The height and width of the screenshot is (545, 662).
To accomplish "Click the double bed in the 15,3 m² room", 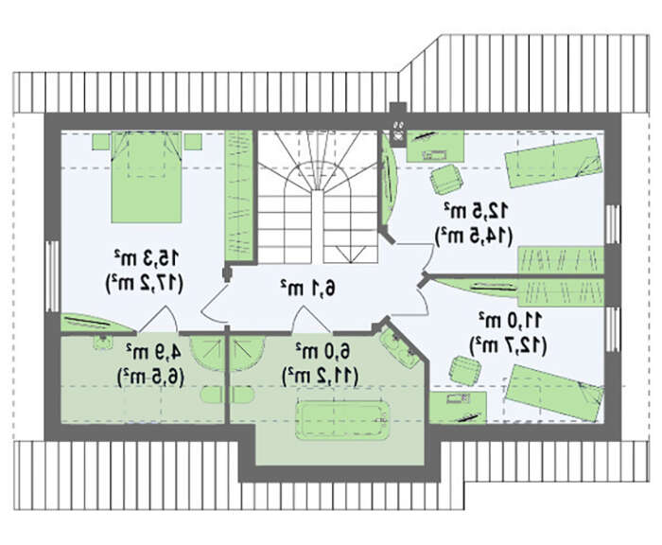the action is [x=146, y=177].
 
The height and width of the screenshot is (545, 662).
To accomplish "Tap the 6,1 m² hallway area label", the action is [x=308, y=289].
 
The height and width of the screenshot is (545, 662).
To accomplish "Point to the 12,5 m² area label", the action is [x=476, y=211].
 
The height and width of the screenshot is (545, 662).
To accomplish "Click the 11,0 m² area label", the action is [x=510, y=320].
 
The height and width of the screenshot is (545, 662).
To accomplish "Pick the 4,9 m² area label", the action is [x=153, y=352].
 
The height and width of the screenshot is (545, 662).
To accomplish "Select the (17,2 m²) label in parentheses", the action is [x=144, y=284].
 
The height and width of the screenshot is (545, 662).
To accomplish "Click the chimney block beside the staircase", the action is [x=398, y=125].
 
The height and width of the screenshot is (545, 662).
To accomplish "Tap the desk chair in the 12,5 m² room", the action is [x=446, y=179].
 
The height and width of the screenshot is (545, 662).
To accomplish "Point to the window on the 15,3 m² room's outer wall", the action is [x=52, y=276].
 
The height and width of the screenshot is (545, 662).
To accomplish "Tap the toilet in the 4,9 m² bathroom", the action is [x=211, y=396].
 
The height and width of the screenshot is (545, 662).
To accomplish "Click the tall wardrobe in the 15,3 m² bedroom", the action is [x=238, y=197].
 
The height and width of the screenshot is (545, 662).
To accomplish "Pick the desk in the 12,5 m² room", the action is [x=435, y=146].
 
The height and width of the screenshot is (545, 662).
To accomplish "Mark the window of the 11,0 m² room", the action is [x=612, y=330].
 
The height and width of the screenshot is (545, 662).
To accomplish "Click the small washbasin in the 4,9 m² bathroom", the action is [x=102, y=342].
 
